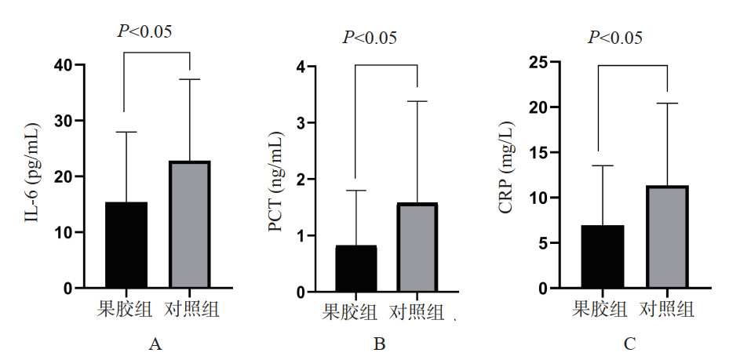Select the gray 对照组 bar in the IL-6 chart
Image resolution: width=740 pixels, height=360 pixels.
190,225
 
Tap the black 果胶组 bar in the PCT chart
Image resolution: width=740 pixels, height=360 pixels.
355,269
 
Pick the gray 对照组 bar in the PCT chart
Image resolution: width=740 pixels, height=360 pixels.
417,248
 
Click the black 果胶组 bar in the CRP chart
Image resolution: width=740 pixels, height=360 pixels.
602,257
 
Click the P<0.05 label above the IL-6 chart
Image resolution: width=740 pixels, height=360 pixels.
144,31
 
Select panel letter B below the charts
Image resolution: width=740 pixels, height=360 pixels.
379,344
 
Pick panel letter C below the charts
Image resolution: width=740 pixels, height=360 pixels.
629,344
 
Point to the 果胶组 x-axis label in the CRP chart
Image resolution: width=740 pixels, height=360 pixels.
600,308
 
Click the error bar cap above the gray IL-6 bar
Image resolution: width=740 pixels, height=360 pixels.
190,79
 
